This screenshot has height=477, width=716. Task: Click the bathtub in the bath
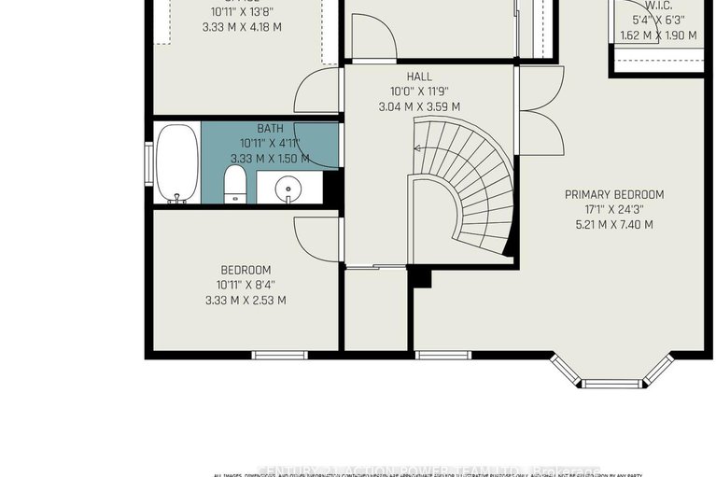[x=177, y=164]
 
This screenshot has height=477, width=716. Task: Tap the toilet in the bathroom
[x=236, y=185]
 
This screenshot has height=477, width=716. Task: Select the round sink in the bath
[x=288, y=190]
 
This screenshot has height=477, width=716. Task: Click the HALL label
[x=418, y=77]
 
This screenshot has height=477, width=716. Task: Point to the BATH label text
[x=270, y=129]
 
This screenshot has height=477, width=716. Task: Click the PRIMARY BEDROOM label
[x=614, y=194]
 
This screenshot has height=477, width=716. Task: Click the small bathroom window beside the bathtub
[x=147, y=164]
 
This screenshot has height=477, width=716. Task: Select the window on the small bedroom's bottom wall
[x=280, y=355]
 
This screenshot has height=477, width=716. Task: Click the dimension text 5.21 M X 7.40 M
[x=614, y=224]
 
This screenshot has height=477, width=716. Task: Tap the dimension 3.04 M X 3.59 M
[x=418, y=106]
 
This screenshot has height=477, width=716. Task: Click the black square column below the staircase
[x=420, y=277]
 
